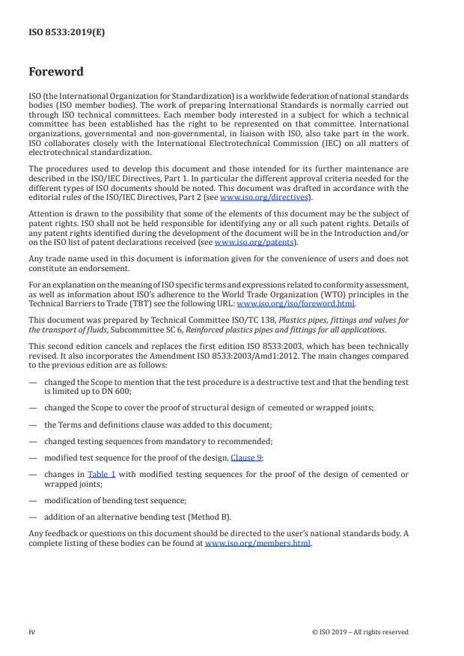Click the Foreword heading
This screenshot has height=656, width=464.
pos(55,73)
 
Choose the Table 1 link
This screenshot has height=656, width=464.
pos(100,473)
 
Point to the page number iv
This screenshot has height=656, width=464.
pos(32,631)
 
